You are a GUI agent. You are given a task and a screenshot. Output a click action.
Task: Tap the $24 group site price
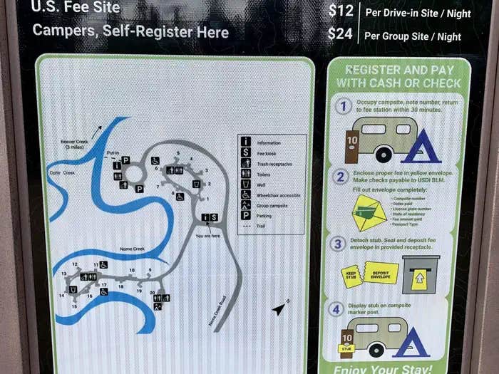click(340, 34)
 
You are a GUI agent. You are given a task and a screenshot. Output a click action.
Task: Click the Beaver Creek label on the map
click(76, 145)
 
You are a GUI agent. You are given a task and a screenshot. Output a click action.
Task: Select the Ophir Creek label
click(63, 172)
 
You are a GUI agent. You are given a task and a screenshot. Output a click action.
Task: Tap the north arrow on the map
click(279, 309)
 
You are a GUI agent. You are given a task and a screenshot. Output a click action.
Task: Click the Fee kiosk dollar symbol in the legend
click(246, 152)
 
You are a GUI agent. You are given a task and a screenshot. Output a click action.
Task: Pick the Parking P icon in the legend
click(246, 215)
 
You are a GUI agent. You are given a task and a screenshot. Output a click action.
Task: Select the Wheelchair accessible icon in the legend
click(246, 194)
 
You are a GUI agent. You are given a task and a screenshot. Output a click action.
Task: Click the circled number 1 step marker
click(344, 106)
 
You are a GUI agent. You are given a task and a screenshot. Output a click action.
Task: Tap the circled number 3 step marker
click(339, 244)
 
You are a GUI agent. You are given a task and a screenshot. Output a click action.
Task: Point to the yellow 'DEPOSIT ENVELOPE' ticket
click(381, 272)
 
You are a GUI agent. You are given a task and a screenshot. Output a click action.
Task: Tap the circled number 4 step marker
click(336, 309)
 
